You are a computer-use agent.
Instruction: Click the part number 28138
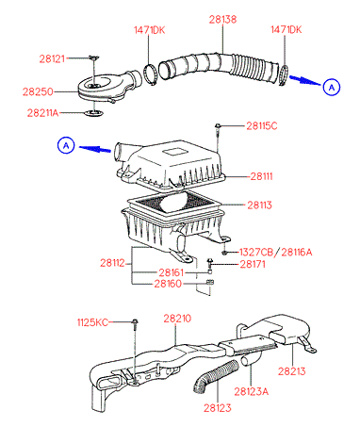coord(222,20)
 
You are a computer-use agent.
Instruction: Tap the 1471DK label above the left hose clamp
coord(149,30)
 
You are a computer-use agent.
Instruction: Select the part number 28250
coord(38,91)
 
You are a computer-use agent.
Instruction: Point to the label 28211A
coord(42,113)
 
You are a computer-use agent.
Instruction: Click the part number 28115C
coord(262,126)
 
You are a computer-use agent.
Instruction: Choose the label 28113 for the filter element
coord(259,205)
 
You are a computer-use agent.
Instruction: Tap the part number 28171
coord(253,264)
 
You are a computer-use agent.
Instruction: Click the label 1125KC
coord(92,322)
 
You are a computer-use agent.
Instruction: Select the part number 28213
coord(291,371)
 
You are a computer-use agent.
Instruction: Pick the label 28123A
coord(252,391)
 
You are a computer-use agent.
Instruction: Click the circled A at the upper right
coord(332,87)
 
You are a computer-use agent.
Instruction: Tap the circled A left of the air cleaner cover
coord(66,145)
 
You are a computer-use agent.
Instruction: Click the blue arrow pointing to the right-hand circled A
coord(304,80)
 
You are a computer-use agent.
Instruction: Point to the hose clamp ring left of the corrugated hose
coord(150,74)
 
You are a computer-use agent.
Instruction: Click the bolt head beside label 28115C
coord(217,125)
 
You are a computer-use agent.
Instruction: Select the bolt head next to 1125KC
coord(135,321)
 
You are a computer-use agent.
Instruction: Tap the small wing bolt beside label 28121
coord(93,57)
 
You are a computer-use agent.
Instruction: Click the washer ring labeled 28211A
coord(94,113)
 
